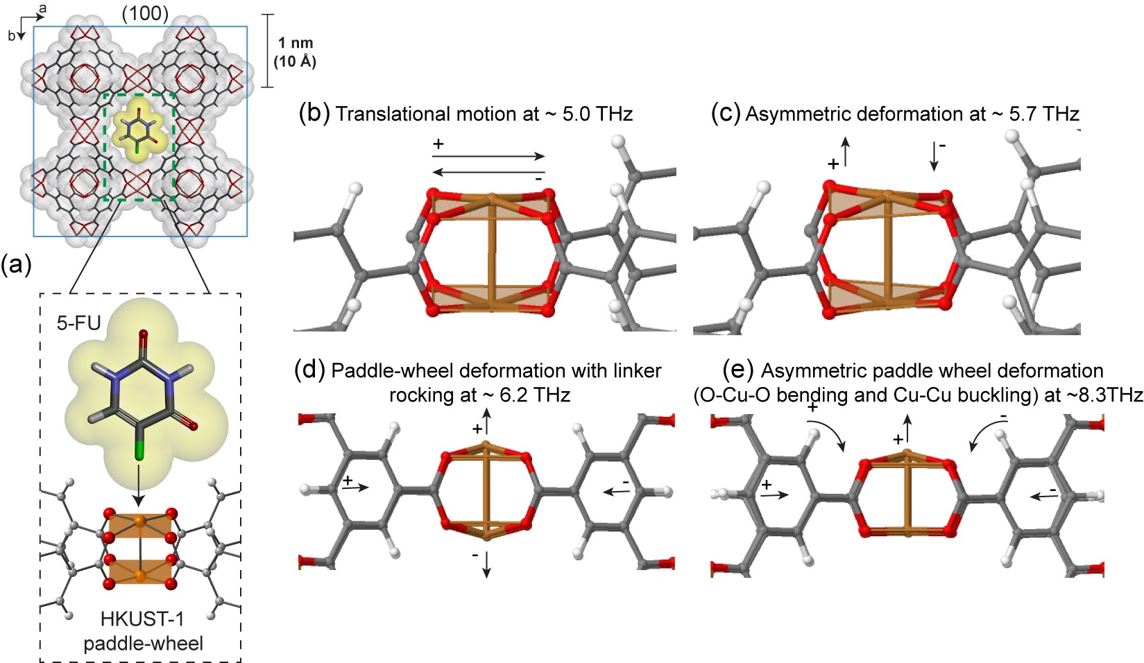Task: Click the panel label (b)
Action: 314,114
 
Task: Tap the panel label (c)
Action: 726,114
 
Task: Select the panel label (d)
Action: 309,370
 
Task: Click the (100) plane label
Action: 144,12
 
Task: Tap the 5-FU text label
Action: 78,322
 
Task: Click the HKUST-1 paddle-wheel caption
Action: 143,630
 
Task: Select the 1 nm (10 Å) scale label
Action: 295,53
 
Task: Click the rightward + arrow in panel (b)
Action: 488,157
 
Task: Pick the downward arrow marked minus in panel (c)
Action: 934,156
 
